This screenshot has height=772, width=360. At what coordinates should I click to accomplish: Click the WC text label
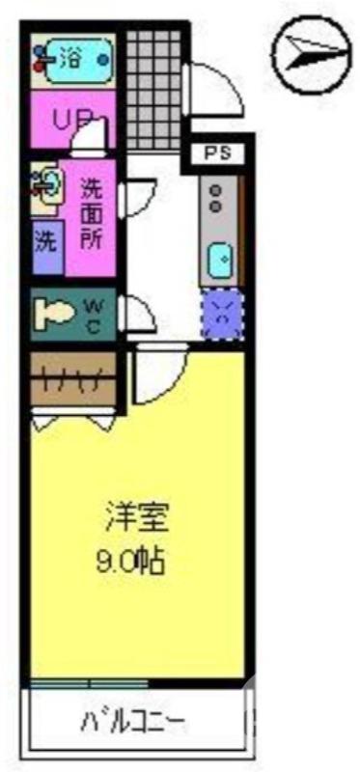coord(96,313)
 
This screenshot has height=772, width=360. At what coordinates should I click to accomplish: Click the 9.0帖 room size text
coord(137,561)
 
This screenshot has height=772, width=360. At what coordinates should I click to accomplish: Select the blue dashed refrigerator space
coord(222,312)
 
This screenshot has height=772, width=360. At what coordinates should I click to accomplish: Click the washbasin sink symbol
coord(46,184)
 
